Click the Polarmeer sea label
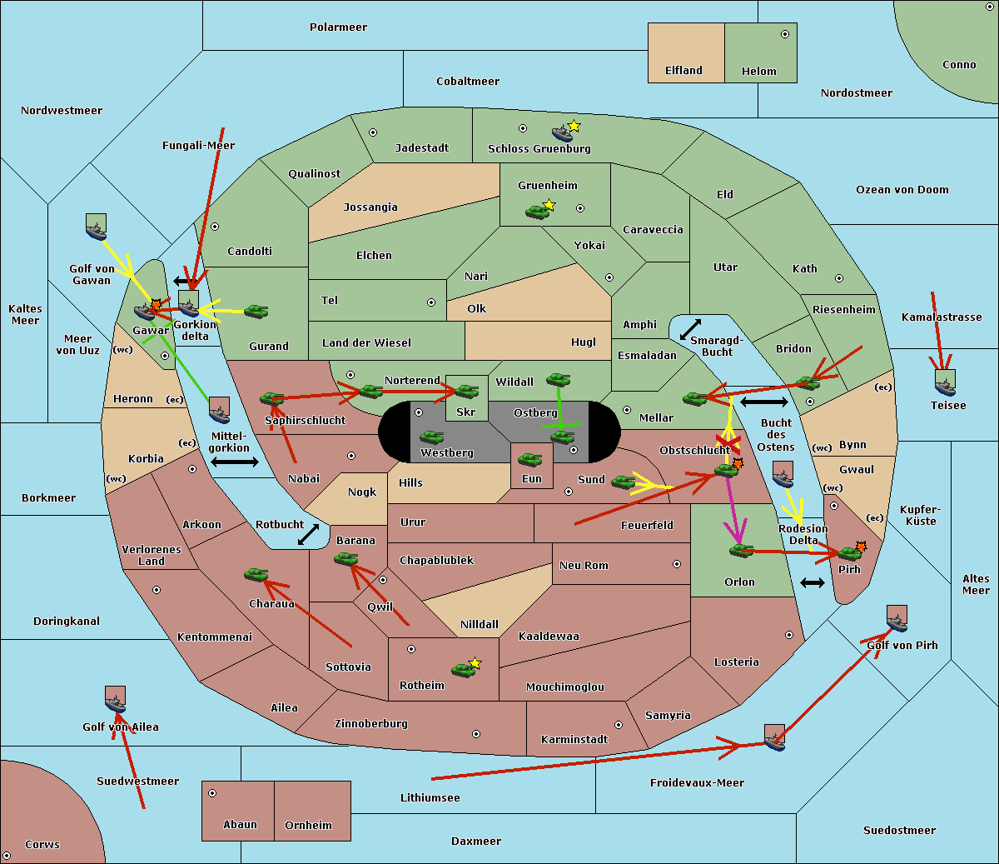(x=338, y=27)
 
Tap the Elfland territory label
(x=683, y=71)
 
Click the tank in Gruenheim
(x=538, y=212)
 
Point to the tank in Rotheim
(x=464, y=669)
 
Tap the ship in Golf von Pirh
(x=897, y=619)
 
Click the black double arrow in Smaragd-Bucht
(x=690, y=330)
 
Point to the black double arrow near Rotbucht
(x=308, y=534)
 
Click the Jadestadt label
(x=421, y=148)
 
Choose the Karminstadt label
(x=574, y=740)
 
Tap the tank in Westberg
(x=431, y=437)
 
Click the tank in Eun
(x=529, y=459)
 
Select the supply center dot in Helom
(x=784, y=34)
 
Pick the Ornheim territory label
(x=308, y=826)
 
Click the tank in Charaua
(x=256, y=574)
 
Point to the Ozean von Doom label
(x=902, y=190)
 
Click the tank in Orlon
(x=741, y=551)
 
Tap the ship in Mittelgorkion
(x=219, y=411)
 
